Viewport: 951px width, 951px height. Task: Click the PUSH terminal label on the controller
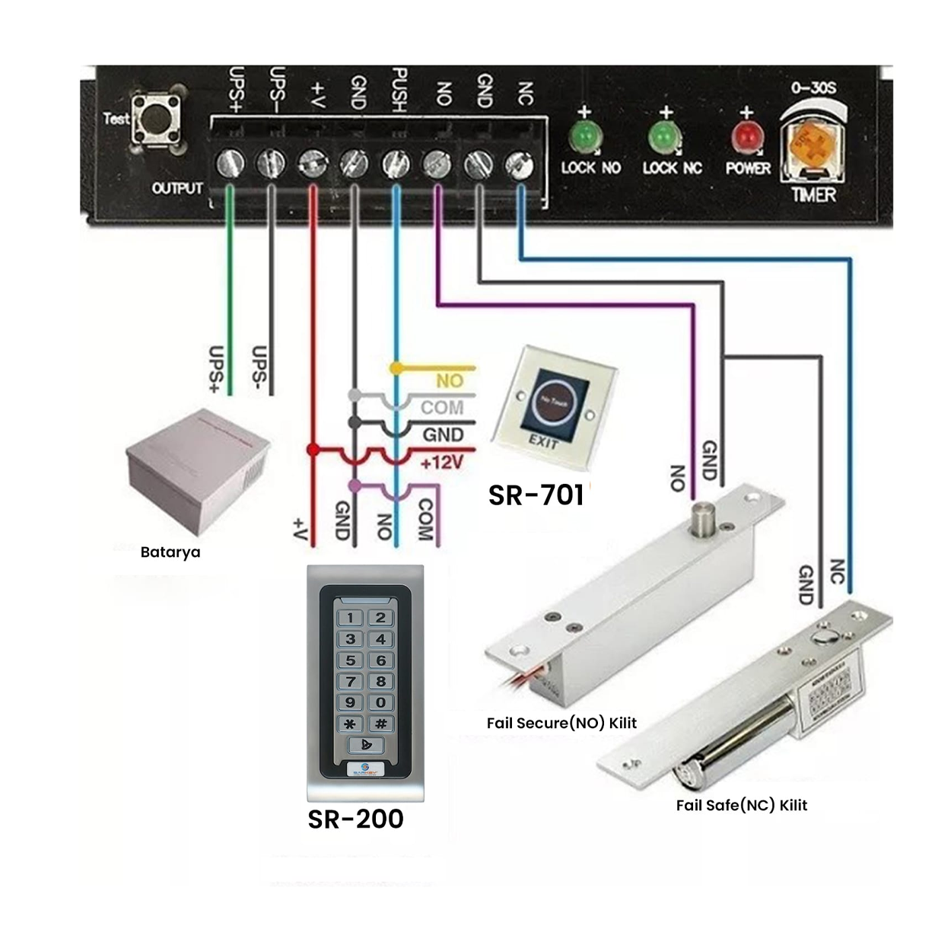tap(399, 89)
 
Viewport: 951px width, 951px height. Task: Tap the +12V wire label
tap(441, 463)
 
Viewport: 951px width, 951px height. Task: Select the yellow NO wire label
tap(449, 380)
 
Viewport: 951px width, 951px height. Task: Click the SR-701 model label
tap(536, 495)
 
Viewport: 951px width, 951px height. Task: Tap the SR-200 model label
tap(355, 819)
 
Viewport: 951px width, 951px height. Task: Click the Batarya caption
tap(170, 552)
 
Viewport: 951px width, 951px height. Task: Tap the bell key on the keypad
tap(365, 745)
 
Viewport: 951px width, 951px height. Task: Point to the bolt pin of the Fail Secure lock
tap(701, 518)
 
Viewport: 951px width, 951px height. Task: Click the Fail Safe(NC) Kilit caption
tap(741, 805)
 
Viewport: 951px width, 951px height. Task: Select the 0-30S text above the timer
tap(813, 87)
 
